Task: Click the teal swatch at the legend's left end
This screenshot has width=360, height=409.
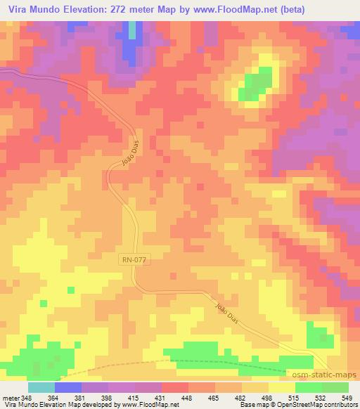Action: [x=41, y=387]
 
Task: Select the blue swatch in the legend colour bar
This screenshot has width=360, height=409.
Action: [x=67, y=387]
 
